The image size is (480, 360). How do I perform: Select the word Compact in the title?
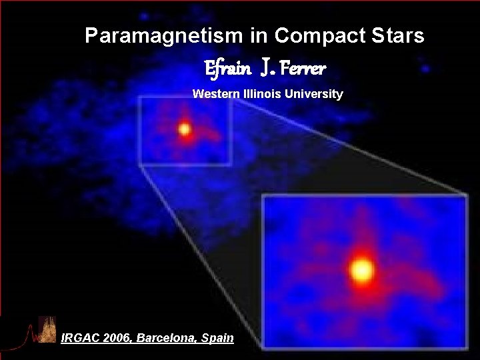316,36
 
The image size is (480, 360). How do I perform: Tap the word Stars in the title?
398,36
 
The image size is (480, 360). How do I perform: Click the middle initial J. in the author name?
266,67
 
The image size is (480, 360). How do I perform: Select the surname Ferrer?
303,68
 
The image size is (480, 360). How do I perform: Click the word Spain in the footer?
217,338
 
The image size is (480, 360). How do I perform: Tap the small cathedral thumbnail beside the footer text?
47,329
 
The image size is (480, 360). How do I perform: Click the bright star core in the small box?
185,130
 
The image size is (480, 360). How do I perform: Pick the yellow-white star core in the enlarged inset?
362,270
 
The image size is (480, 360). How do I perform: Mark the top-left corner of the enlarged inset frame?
263,195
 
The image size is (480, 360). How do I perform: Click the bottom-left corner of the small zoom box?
140,164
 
